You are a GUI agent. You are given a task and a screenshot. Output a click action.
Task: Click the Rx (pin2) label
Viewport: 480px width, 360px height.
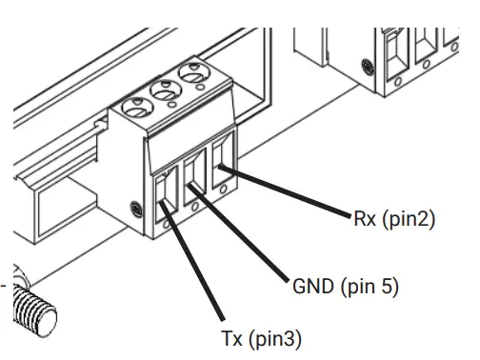391,219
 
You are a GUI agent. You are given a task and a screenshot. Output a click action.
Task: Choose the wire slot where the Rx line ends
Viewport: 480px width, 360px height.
220,158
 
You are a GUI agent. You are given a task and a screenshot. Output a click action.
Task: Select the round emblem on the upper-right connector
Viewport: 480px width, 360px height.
368,66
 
